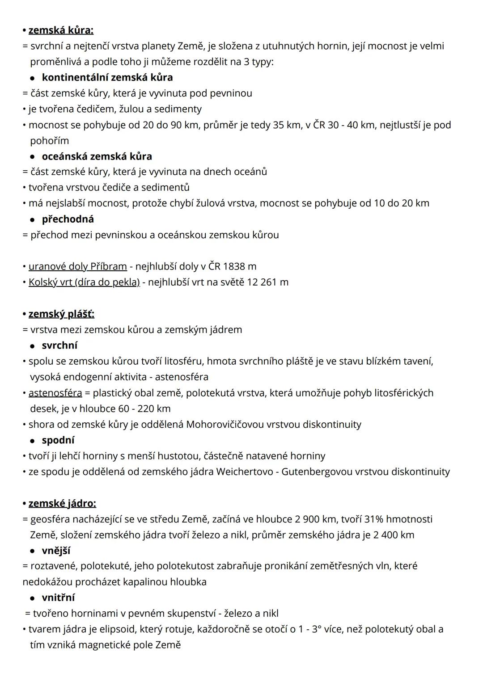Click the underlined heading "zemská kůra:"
point(61,30)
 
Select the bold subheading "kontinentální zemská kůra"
point(107,77)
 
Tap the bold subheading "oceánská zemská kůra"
point(97,156)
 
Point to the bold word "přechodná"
point(68,219)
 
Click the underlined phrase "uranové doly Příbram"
point(77,266)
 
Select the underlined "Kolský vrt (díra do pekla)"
point(84,282)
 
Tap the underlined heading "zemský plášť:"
point(61,314)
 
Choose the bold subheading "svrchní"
point(59,345)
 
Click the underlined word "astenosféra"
point(55,393)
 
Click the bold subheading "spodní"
point(58,440)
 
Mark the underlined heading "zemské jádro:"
point(62,503)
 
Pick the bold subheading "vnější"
point(56,551)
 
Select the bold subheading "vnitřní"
point(58,598)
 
